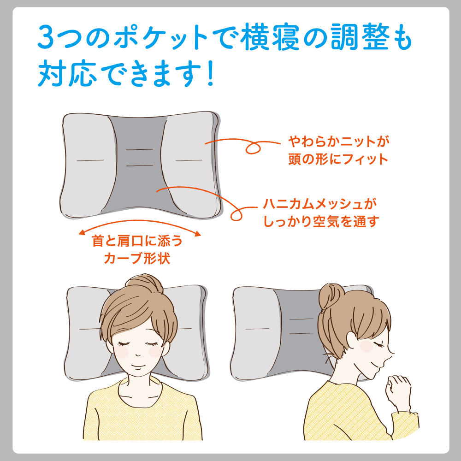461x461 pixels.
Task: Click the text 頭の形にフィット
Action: (x=336, y=160)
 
